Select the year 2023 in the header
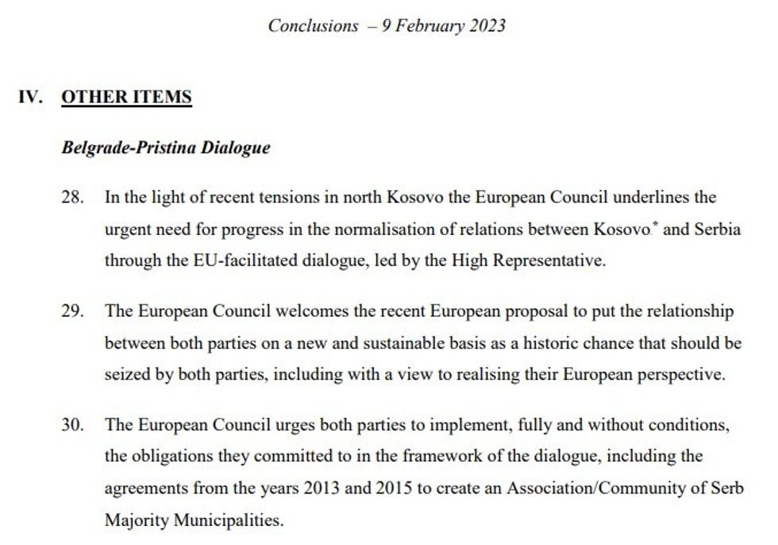coord(483,25)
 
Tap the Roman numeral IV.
coord(30,98)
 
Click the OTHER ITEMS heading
coord(126,98)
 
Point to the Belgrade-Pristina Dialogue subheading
coord(165,148)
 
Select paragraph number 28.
coord(72,197)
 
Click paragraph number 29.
coord(72,311)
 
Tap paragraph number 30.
coord(72,425)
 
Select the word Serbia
coord(716,230)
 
